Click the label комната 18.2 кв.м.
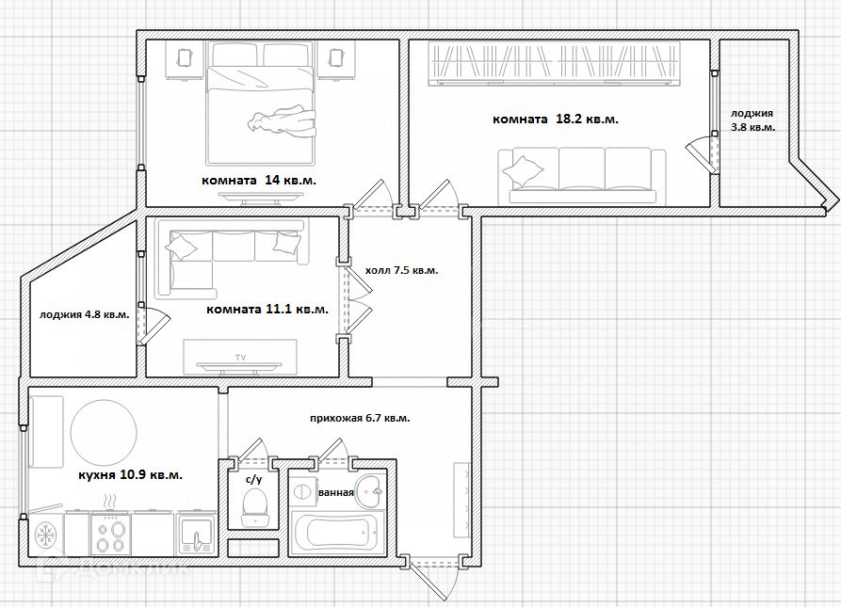coord(555,119)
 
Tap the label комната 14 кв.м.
coord(259,180)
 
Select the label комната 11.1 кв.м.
coord(267,309)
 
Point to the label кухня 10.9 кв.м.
coord(130,474)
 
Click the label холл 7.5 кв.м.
coord(402,270)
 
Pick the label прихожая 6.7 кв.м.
coord(360,418)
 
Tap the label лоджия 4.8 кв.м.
coord(84,314)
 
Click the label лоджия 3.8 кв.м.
coord(752,120)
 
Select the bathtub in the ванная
coord(338,532)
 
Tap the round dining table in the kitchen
coord(104,432)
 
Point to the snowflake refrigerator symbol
coord(45,535)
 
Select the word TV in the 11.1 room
coord(240,358)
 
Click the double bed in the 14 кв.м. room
coord(260,104)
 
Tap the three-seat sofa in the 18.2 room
coord(581,176)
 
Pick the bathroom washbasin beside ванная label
coord(372,488)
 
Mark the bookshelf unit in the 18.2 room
coord(555,63)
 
